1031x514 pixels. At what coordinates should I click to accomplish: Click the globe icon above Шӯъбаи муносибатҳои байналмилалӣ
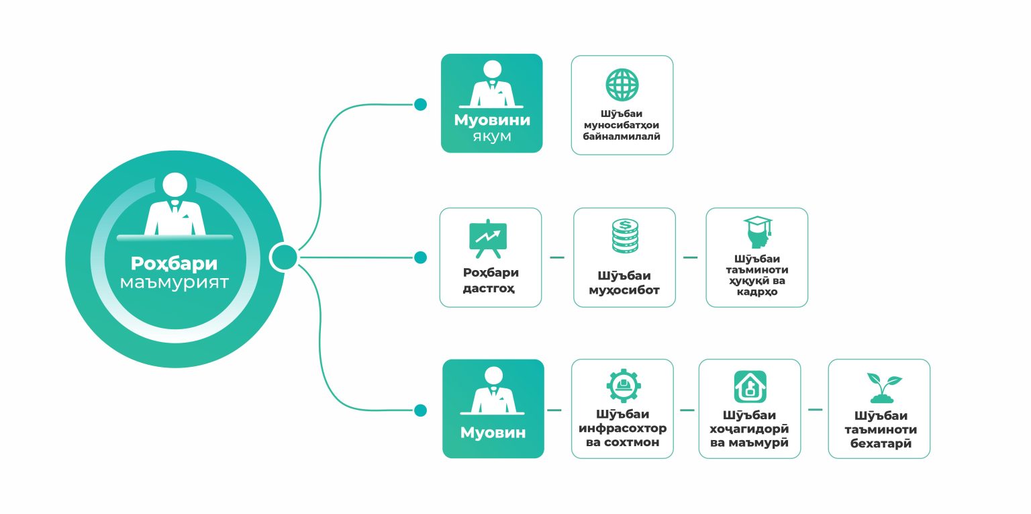point(622,85)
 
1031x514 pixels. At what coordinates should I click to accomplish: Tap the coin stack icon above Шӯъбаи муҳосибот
point(624,236)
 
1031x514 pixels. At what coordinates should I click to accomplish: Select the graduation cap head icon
point(757,233)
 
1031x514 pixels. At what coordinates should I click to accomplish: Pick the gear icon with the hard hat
point(623,386)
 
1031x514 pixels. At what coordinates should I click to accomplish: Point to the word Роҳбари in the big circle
point(174,263)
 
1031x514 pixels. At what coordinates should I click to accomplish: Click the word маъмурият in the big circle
point(174,282)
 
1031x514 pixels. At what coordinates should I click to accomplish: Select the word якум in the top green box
point(492,137)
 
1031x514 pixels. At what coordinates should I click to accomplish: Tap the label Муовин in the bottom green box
point(493,433)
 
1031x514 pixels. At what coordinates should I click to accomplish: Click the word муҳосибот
point(624,291)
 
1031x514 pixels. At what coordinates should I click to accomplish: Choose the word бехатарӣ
point(881,443)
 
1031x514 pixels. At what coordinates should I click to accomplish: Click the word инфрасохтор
point(623,429)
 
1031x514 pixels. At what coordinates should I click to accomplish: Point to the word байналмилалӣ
point(622,136)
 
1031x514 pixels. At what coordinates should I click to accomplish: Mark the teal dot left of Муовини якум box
point(420,105)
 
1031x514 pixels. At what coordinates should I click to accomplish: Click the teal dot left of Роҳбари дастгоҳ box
point(420,257)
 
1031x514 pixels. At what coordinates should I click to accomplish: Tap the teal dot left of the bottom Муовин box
point(420,410)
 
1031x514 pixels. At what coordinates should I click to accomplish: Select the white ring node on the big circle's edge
point(283,257)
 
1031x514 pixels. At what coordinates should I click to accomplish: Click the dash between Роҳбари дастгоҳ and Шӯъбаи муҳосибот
point(557,257)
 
